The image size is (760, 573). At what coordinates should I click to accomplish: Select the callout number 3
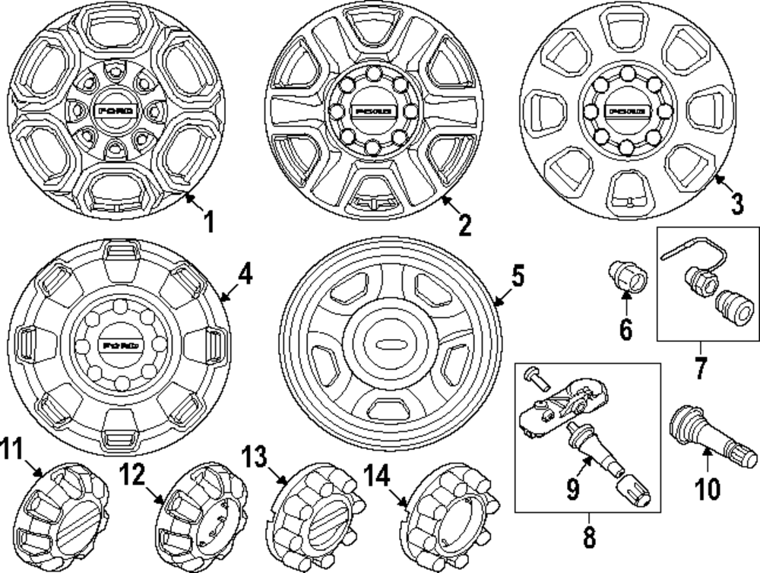pos(736,203)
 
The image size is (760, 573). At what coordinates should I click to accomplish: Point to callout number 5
pos(517,278)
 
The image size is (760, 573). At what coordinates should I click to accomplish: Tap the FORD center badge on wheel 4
pos(119,345)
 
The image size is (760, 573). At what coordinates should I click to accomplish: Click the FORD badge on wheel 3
pos(626,112)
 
